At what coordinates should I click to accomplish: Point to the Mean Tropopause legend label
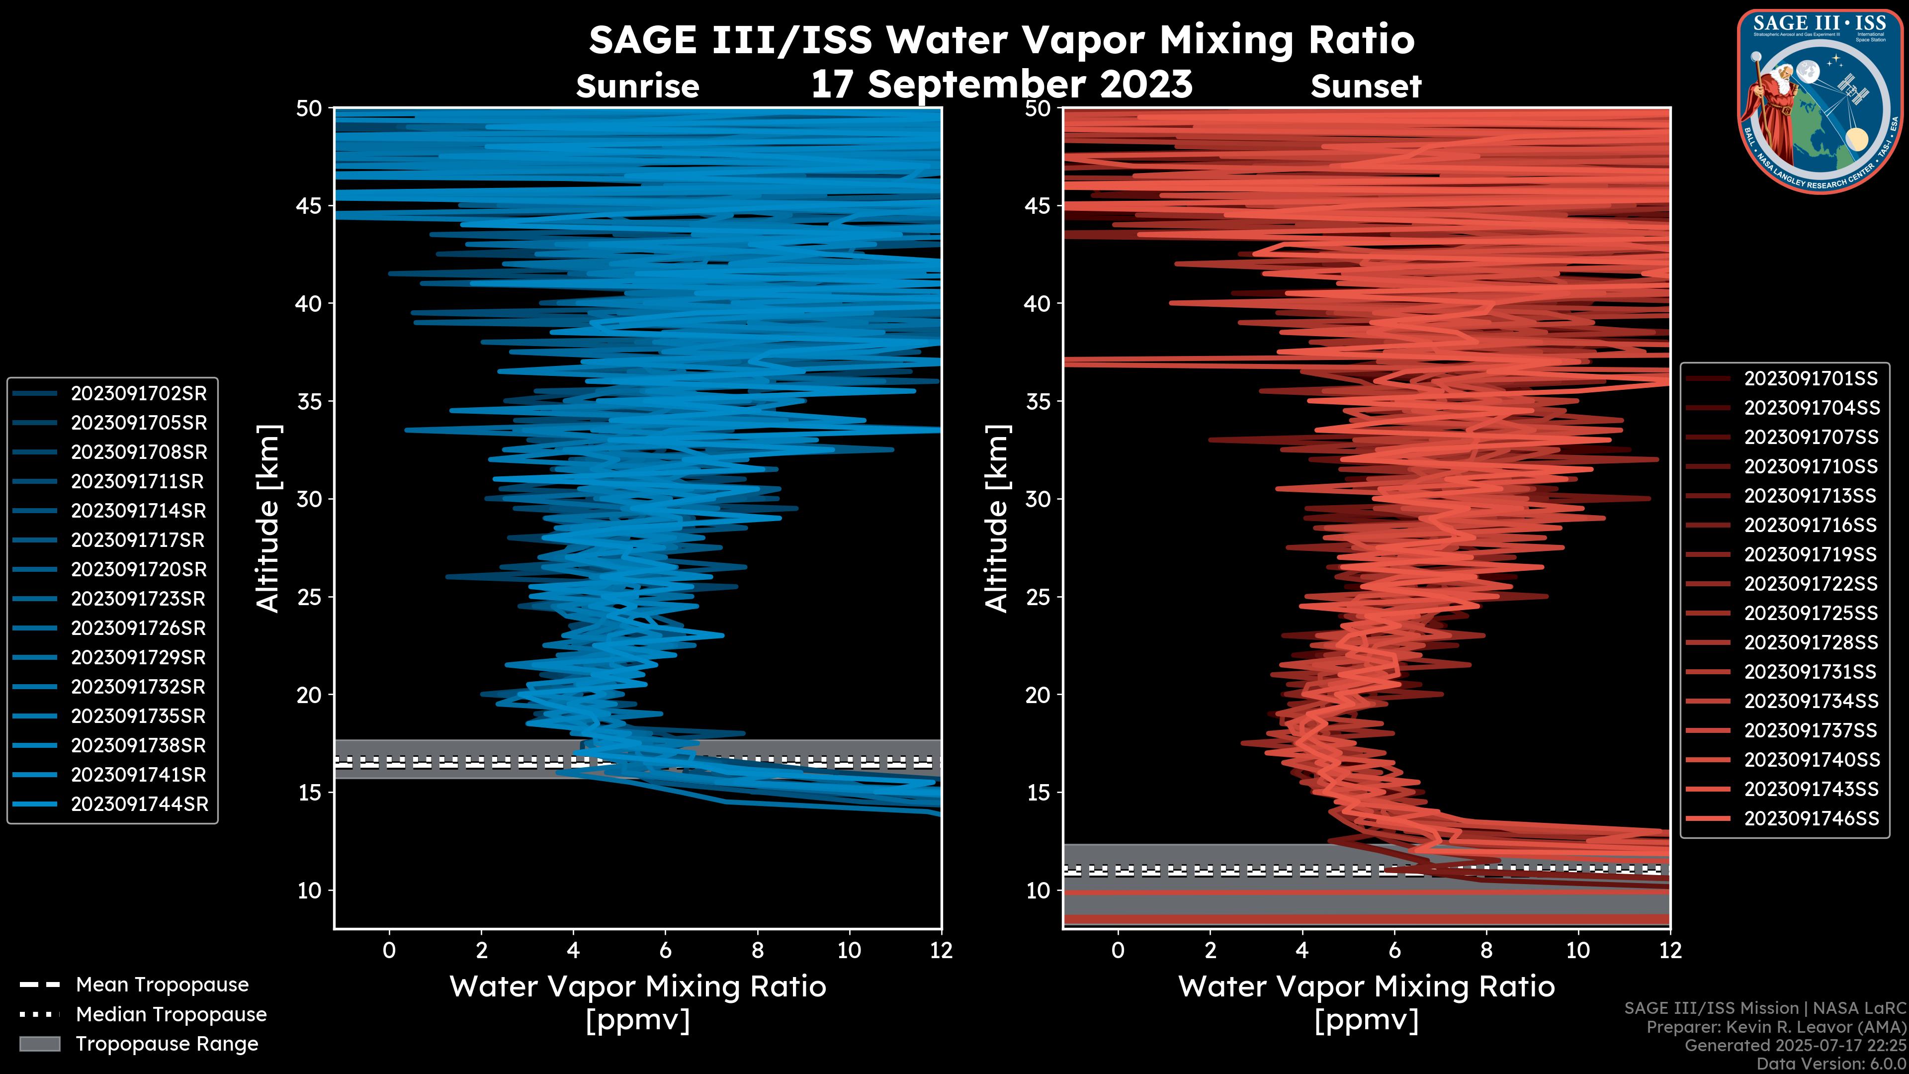pos(162,984)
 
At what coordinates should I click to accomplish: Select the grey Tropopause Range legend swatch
pos(40,1044)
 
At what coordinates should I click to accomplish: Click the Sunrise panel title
pos(637,87)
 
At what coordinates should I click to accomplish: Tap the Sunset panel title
pos(1366,87)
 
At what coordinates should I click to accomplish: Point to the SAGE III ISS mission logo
pos(1820,101)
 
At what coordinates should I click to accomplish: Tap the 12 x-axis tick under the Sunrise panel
pos(941,950)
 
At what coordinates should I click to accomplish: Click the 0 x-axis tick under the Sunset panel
pos(1118,950)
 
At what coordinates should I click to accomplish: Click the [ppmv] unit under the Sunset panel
pos(1366,1021)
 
